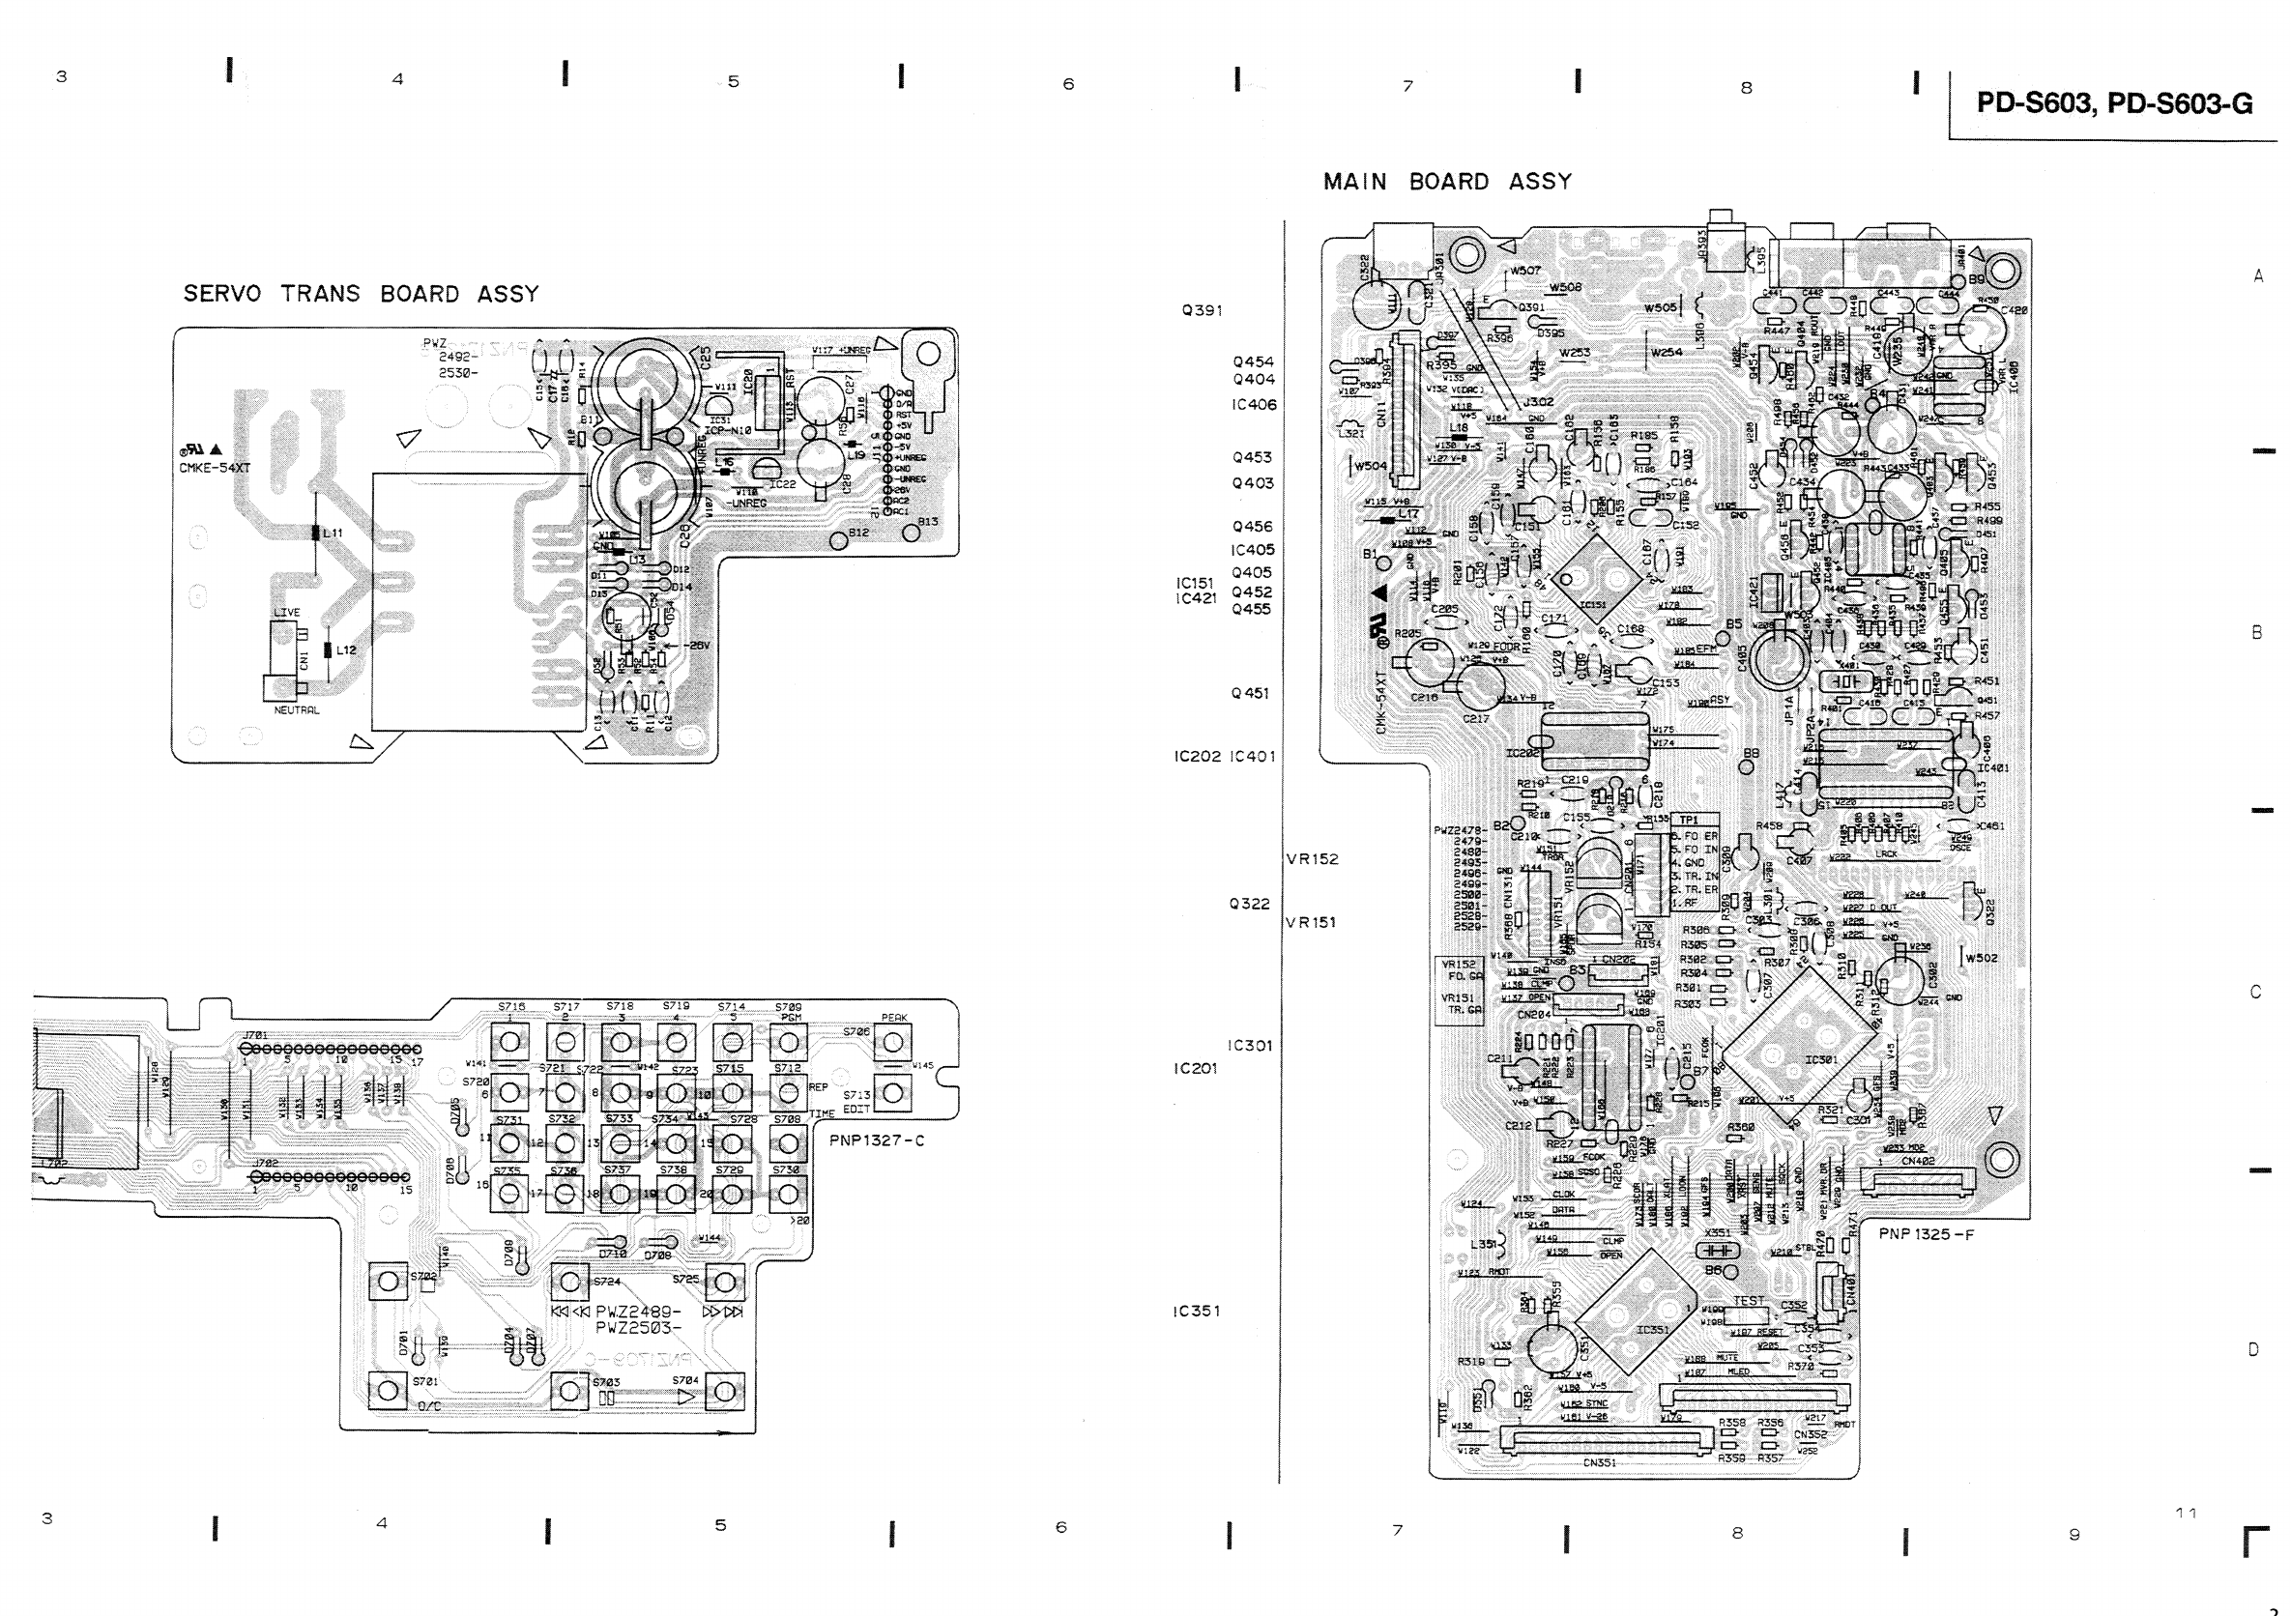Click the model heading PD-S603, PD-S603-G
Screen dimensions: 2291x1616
tap(2113, 103)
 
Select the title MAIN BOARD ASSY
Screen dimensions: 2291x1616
tap(1447, 182)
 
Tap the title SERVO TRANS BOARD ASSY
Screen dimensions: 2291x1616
tap(361, 294)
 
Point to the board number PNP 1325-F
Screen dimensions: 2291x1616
tap(1926, 1234)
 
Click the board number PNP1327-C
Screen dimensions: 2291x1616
tap(876, 1140)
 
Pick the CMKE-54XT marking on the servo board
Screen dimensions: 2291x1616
tap(215, 468)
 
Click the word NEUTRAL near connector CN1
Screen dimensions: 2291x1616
tap(297, 710)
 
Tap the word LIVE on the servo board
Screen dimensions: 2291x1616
tap(286, 613)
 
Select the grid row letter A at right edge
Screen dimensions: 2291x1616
tap(2258, 276)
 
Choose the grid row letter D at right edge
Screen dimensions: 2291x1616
tap(2253, 1349)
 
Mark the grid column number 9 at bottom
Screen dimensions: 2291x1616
tap(2074, 1534)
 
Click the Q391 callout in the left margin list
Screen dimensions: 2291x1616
tap(1202, 310)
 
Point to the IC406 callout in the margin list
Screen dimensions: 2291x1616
tap(1253, 404)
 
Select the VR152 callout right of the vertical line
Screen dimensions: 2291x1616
tap(1312, 859)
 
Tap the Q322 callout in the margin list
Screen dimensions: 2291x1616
tap(1249, 904)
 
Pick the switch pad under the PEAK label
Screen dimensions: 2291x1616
tap(892, 1043)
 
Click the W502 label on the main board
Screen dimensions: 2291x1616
tap(1981, 958)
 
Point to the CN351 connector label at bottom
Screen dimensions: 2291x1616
tap(1599, 1462)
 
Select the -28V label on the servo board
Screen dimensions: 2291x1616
tap(695, 646)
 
